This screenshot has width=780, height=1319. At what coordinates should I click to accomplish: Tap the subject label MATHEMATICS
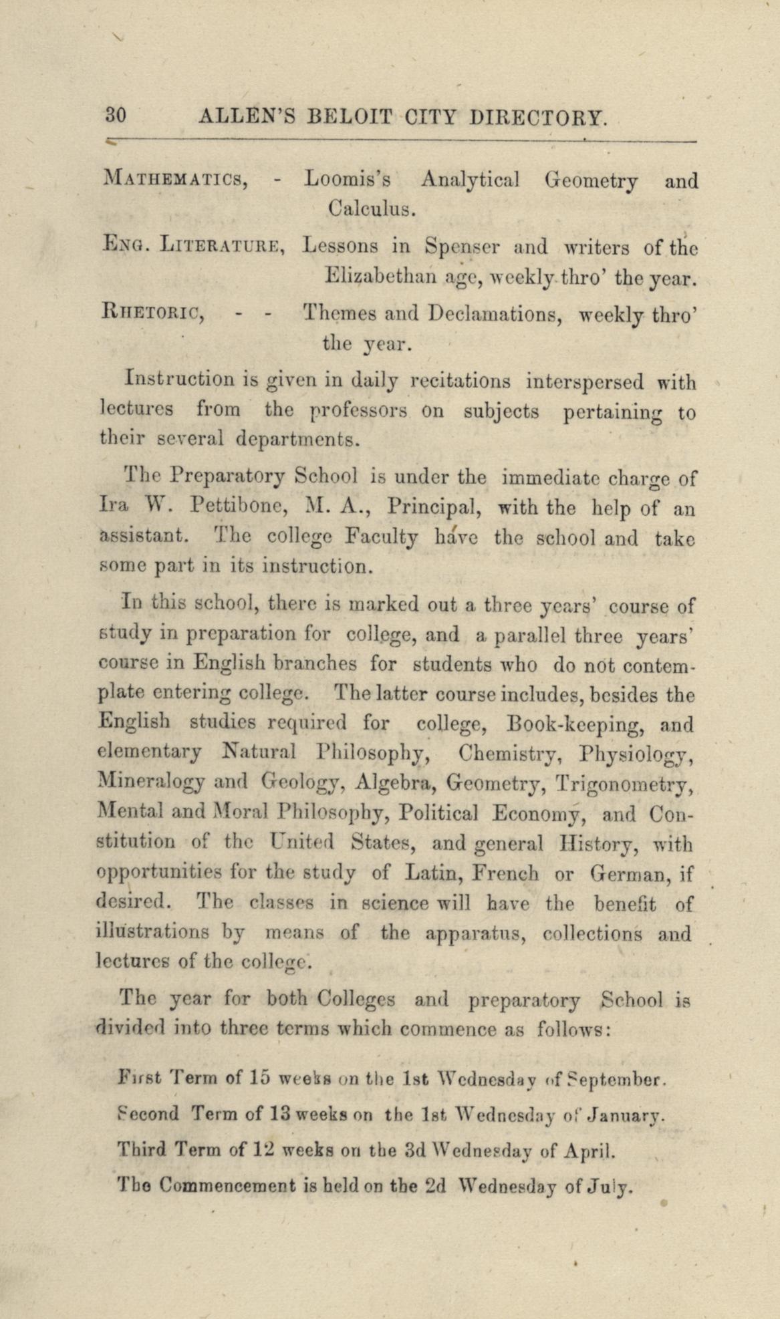[177, 180]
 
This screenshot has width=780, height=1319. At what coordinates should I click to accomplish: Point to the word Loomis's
[347, 180]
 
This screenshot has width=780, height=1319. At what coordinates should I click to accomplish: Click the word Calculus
[372, 210]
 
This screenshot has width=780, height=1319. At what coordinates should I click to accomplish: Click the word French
[506, 873]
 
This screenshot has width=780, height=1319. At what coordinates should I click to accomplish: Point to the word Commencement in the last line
[229, 1186]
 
